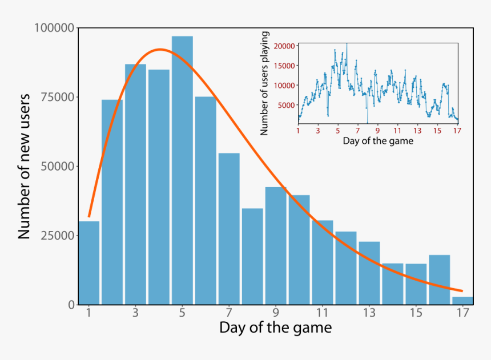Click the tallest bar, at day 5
pos(182,171)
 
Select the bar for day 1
pos(89,263)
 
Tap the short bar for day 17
pos(462,300)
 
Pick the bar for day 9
pos(276,246)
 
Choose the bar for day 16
pos(439,280)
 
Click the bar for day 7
pos(229,229)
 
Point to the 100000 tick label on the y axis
pos(54,27)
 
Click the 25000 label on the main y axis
pos(57,236)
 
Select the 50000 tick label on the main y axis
pos(57,167)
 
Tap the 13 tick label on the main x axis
pos(369,313)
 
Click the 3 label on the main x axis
pos(135,313)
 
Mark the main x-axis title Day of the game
pos(275,329)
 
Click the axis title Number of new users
pos(24,165)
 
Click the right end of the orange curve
pos(461,290)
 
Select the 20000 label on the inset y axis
pos(284,46)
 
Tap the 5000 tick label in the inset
pos(286,105)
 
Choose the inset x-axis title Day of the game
pos(377,140)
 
